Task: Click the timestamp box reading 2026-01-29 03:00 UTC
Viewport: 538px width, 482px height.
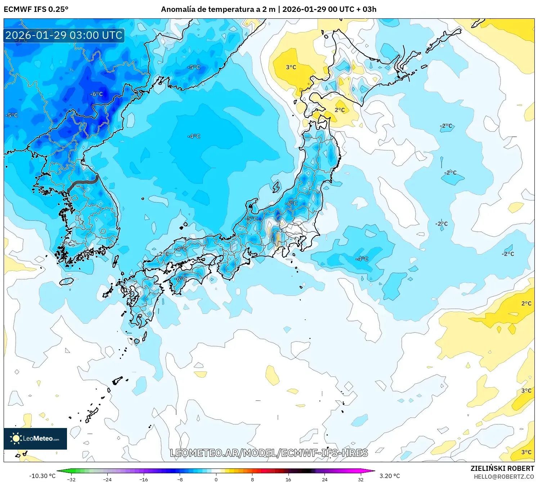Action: pos(64,35)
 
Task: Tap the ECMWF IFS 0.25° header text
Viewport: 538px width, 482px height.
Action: pos(36,9)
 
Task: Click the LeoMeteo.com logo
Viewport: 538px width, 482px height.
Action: pos(35,438)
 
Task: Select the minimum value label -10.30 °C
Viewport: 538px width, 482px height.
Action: pos(42,476)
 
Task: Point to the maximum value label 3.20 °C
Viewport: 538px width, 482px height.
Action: pos(390,476)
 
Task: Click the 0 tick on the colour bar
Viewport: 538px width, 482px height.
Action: pos(216,479)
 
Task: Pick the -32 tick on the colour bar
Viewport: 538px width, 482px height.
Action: pos(71,479)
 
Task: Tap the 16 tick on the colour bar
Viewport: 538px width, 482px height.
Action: pos(288,479)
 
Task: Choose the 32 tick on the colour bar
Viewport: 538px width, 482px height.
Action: pos(360,479)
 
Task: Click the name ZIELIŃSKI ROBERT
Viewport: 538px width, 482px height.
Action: pos(502,468)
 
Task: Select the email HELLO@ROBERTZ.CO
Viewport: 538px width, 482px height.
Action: pos(504,477)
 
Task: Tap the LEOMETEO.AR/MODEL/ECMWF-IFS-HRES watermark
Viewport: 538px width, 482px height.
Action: pos(269,453)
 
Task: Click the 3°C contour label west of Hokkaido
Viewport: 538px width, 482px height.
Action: pos(291,67)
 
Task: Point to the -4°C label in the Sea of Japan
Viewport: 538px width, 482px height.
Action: pos(194,136)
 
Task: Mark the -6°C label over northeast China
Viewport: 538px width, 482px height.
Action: pos(97,94)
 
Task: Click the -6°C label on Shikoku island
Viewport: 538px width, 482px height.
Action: pos(181,279)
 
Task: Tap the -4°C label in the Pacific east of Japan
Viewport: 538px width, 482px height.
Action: pos(362,259)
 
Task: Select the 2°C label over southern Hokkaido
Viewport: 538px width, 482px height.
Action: pos(340,110)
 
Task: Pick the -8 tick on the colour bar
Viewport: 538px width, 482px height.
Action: pos(180,479)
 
